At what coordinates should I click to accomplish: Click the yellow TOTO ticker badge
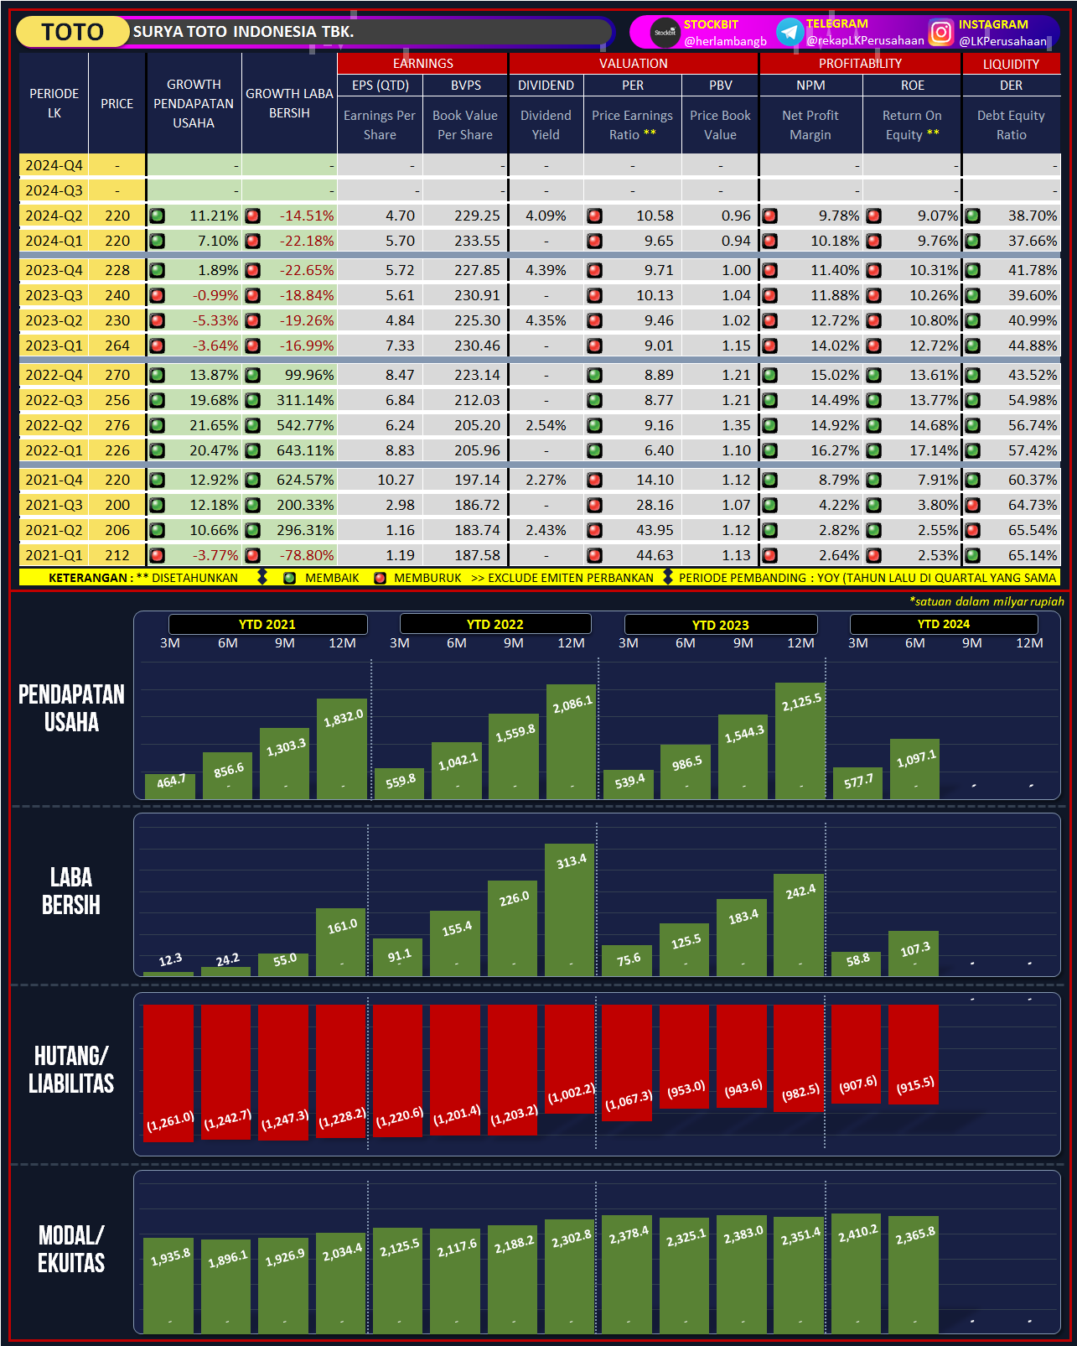(73, 32)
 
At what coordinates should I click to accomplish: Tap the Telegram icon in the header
(790, 32)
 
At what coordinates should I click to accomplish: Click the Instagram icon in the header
(941, 32)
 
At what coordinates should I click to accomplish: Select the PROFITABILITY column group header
(860, 64)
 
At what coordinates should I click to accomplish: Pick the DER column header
(1011, 86)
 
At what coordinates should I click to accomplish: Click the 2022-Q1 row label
(54, 450)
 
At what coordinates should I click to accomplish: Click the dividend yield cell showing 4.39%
(546, 270)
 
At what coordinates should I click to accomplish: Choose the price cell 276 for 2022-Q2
(117, 425)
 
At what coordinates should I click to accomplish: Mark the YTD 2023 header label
(720, 625)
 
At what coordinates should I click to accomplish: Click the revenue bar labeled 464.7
(170, 787)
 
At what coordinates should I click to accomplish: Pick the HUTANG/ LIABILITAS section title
(71, 1070)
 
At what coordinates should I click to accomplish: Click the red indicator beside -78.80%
(252, 555)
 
